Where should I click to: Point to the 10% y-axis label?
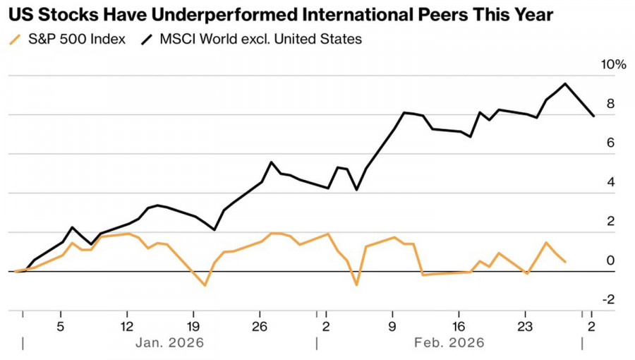pos(612,65)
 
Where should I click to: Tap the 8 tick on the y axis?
pos(610,104)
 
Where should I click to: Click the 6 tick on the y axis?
pos(610,143)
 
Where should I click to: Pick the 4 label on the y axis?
pos(610,183)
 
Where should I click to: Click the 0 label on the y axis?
pos(610,261)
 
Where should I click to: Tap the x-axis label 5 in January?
pos(61,326)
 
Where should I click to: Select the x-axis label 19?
pos(193,326)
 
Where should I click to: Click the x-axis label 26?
pos(259,326)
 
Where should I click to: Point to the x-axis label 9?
pos(392,326)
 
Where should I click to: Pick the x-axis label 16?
pos(458,326)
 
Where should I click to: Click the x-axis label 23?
pos(524,326)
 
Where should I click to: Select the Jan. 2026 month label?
pos(169,343)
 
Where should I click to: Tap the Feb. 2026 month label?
pos(449,343)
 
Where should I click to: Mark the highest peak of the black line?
pos(565,84)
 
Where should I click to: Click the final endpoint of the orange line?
pos(565,262)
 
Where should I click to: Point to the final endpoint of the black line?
pos(593,116)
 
